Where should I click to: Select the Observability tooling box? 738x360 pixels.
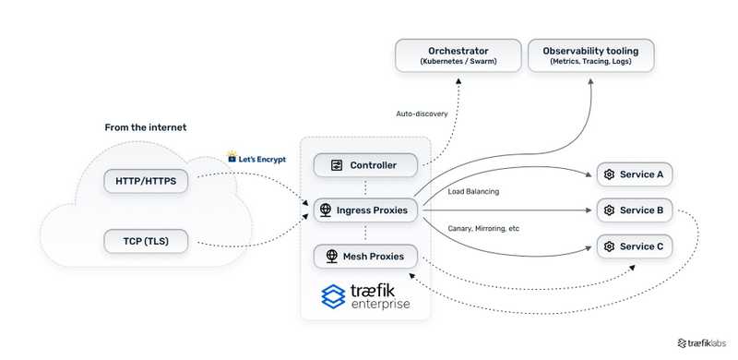pyautogui.click(x=590, y=54)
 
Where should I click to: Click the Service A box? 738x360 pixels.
pyautogui.click(x=635, y=174)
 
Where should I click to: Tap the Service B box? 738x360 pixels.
pyautogui.click(x=635, y=210)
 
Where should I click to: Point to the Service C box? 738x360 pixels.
pyautogui.click(x=635, y=246)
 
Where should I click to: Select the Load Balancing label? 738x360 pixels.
pyautogui.click(x=473, y=192)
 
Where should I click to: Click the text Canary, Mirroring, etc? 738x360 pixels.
pyautogui.click(x=483, y=228)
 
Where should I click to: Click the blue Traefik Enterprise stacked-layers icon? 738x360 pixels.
pyautogui.click(x=333, y=296)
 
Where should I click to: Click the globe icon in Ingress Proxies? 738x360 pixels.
pyautogui.click(x=326, y=210)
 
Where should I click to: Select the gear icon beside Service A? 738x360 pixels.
pyautogui.click(x=609, y=174)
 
